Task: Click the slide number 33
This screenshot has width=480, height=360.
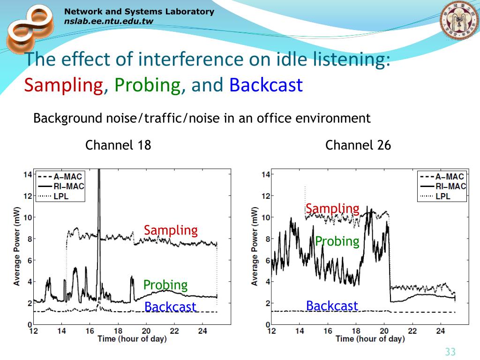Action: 450,352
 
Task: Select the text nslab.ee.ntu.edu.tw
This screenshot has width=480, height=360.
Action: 108,21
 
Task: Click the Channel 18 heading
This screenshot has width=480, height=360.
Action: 118,145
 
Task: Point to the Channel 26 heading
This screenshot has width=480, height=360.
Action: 358,145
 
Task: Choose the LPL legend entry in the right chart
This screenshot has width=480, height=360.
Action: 442,196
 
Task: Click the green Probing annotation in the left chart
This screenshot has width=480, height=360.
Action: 165,285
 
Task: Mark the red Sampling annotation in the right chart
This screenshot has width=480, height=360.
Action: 332,209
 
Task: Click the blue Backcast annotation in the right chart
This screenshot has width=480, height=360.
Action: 332,306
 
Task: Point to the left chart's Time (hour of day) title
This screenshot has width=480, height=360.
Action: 132,339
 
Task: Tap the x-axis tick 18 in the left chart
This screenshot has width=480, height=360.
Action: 118,331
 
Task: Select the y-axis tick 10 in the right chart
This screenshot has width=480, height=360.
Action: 265,217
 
